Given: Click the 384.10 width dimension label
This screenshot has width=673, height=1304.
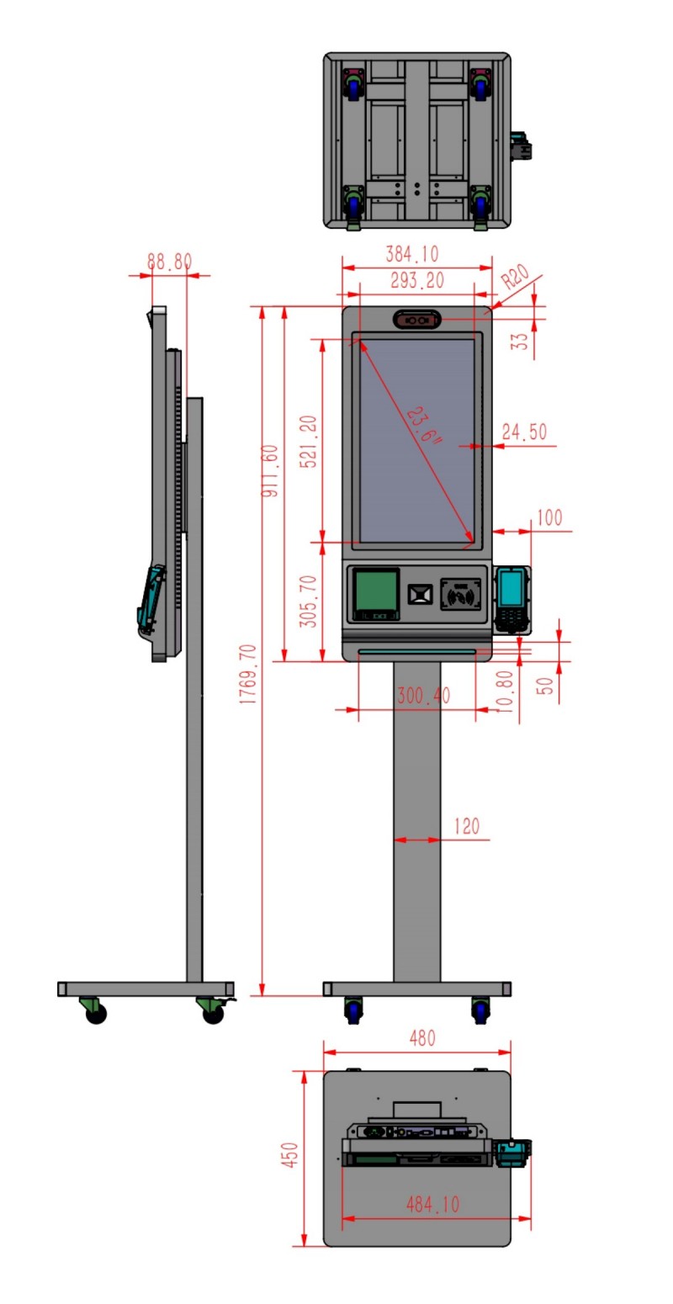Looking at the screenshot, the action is [x=412, y=254].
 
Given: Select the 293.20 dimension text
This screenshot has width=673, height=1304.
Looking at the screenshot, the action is [x=417, y=281].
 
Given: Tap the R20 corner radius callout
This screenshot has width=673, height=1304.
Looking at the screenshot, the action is [x=515, y=277].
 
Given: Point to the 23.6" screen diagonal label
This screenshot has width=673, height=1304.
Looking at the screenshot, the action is [x=424, y=425].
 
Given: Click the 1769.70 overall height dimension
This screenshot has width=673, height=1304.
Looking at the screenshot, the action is [x=248, y=674].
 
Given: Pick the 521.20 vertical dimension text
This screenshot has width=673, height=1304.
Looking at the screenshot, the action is [x=309, y=442].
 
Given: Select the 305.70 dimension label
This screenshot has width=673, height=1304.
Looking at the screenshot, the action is [x=308, y=602].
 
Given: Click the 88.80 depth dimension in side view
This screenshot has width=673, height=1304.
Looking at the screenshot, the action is [x=169, y=262].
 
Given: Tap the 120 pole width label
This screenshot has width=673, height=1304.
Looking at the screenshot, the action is [x=466, y=826].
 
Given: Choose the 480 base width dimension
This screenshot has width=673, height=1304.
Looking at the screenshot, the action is [x=422, y=1038].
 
